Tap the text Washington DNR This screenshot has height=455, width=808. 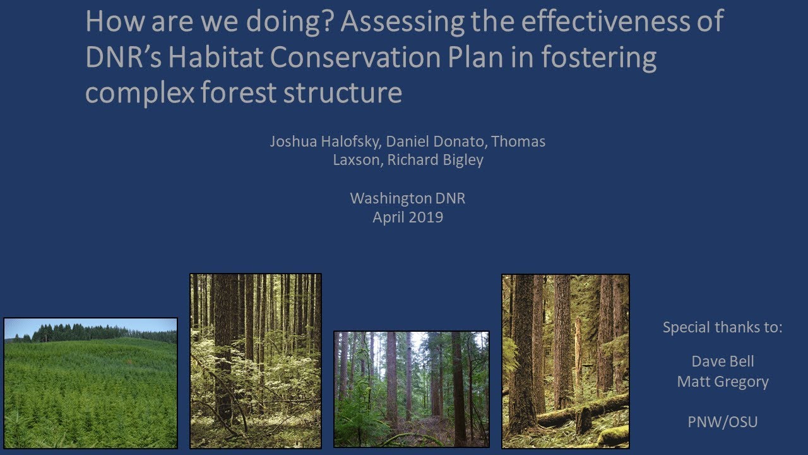[407, 198]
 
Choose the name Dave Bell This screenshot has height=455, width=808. [723, 362]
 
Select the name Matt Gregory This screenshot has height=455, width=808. [723, 382]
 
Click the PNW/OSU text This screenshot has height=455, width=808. [723, 422]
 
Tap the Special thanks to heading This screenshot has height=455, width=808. [723, 328]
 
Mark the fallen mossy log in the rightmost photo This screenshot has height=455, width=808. [581, 411]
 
